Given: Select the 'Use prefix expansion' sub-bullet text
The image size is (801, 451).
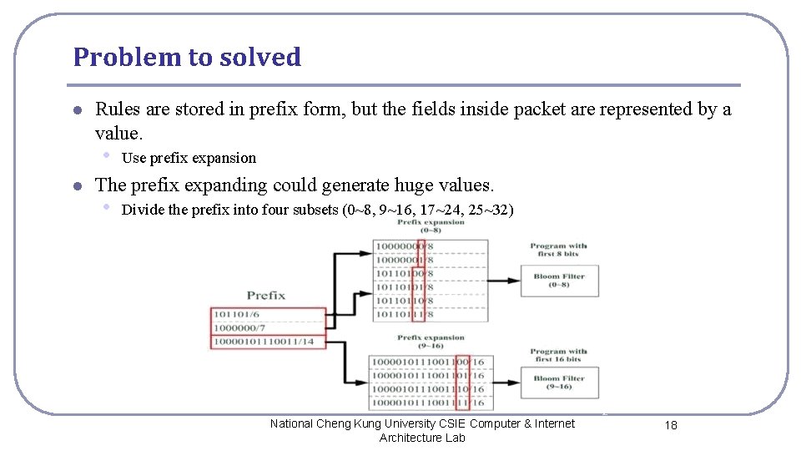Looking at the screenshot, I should coord(189,158).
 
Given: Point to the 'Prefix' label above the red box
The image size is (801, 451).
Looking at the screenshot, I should coord(266,295).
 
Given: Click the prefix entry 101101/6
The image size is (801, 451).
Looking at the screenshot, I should coord(236,315).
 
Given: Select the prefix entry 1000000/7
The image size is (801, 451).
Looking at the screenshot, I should coord(239,328).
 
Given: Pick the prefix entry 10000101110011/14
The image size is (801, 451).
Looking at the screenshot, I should coord(264,342).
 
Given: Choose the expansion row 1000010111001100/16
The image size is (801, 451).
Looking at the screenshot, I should coord(428,362).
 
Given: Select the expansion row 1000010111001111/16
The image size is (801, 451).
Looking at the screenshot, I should coord(428,403).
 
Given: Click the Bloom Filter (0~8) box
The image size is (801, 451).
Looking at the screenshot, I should coord(559,280).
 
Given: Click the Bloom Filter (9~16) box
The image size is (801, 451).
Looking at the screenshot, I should coord(559,383).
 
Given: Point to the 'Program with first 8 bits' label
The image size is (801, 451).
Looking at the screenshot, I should coord(558,250).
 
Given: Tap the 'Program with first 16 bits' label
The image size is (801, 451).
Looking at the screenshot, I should coord(558,355).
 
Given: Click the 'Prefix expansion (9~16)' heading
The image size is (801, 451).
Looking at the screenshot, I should coord(431,342).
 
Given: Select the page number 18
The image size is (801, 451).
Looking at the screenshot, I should coord(671,425).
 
